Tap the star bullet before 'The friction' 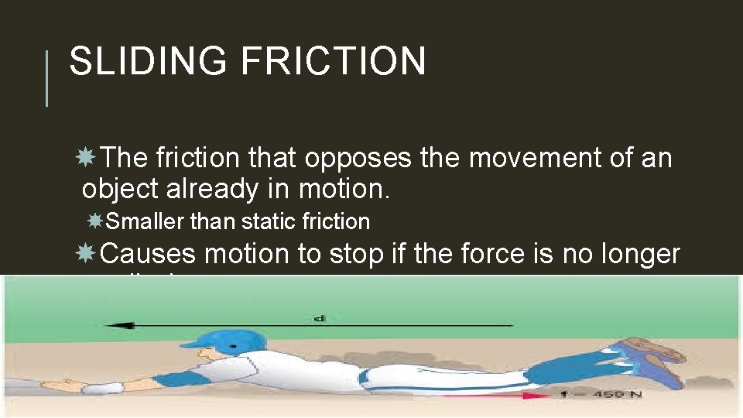87,158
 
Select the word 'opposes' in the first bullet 358,159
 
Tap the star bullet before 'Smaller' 96,221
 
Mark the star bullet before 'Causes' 87,253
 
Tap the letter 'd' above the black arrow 319,317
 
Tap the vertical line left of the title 47,78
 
